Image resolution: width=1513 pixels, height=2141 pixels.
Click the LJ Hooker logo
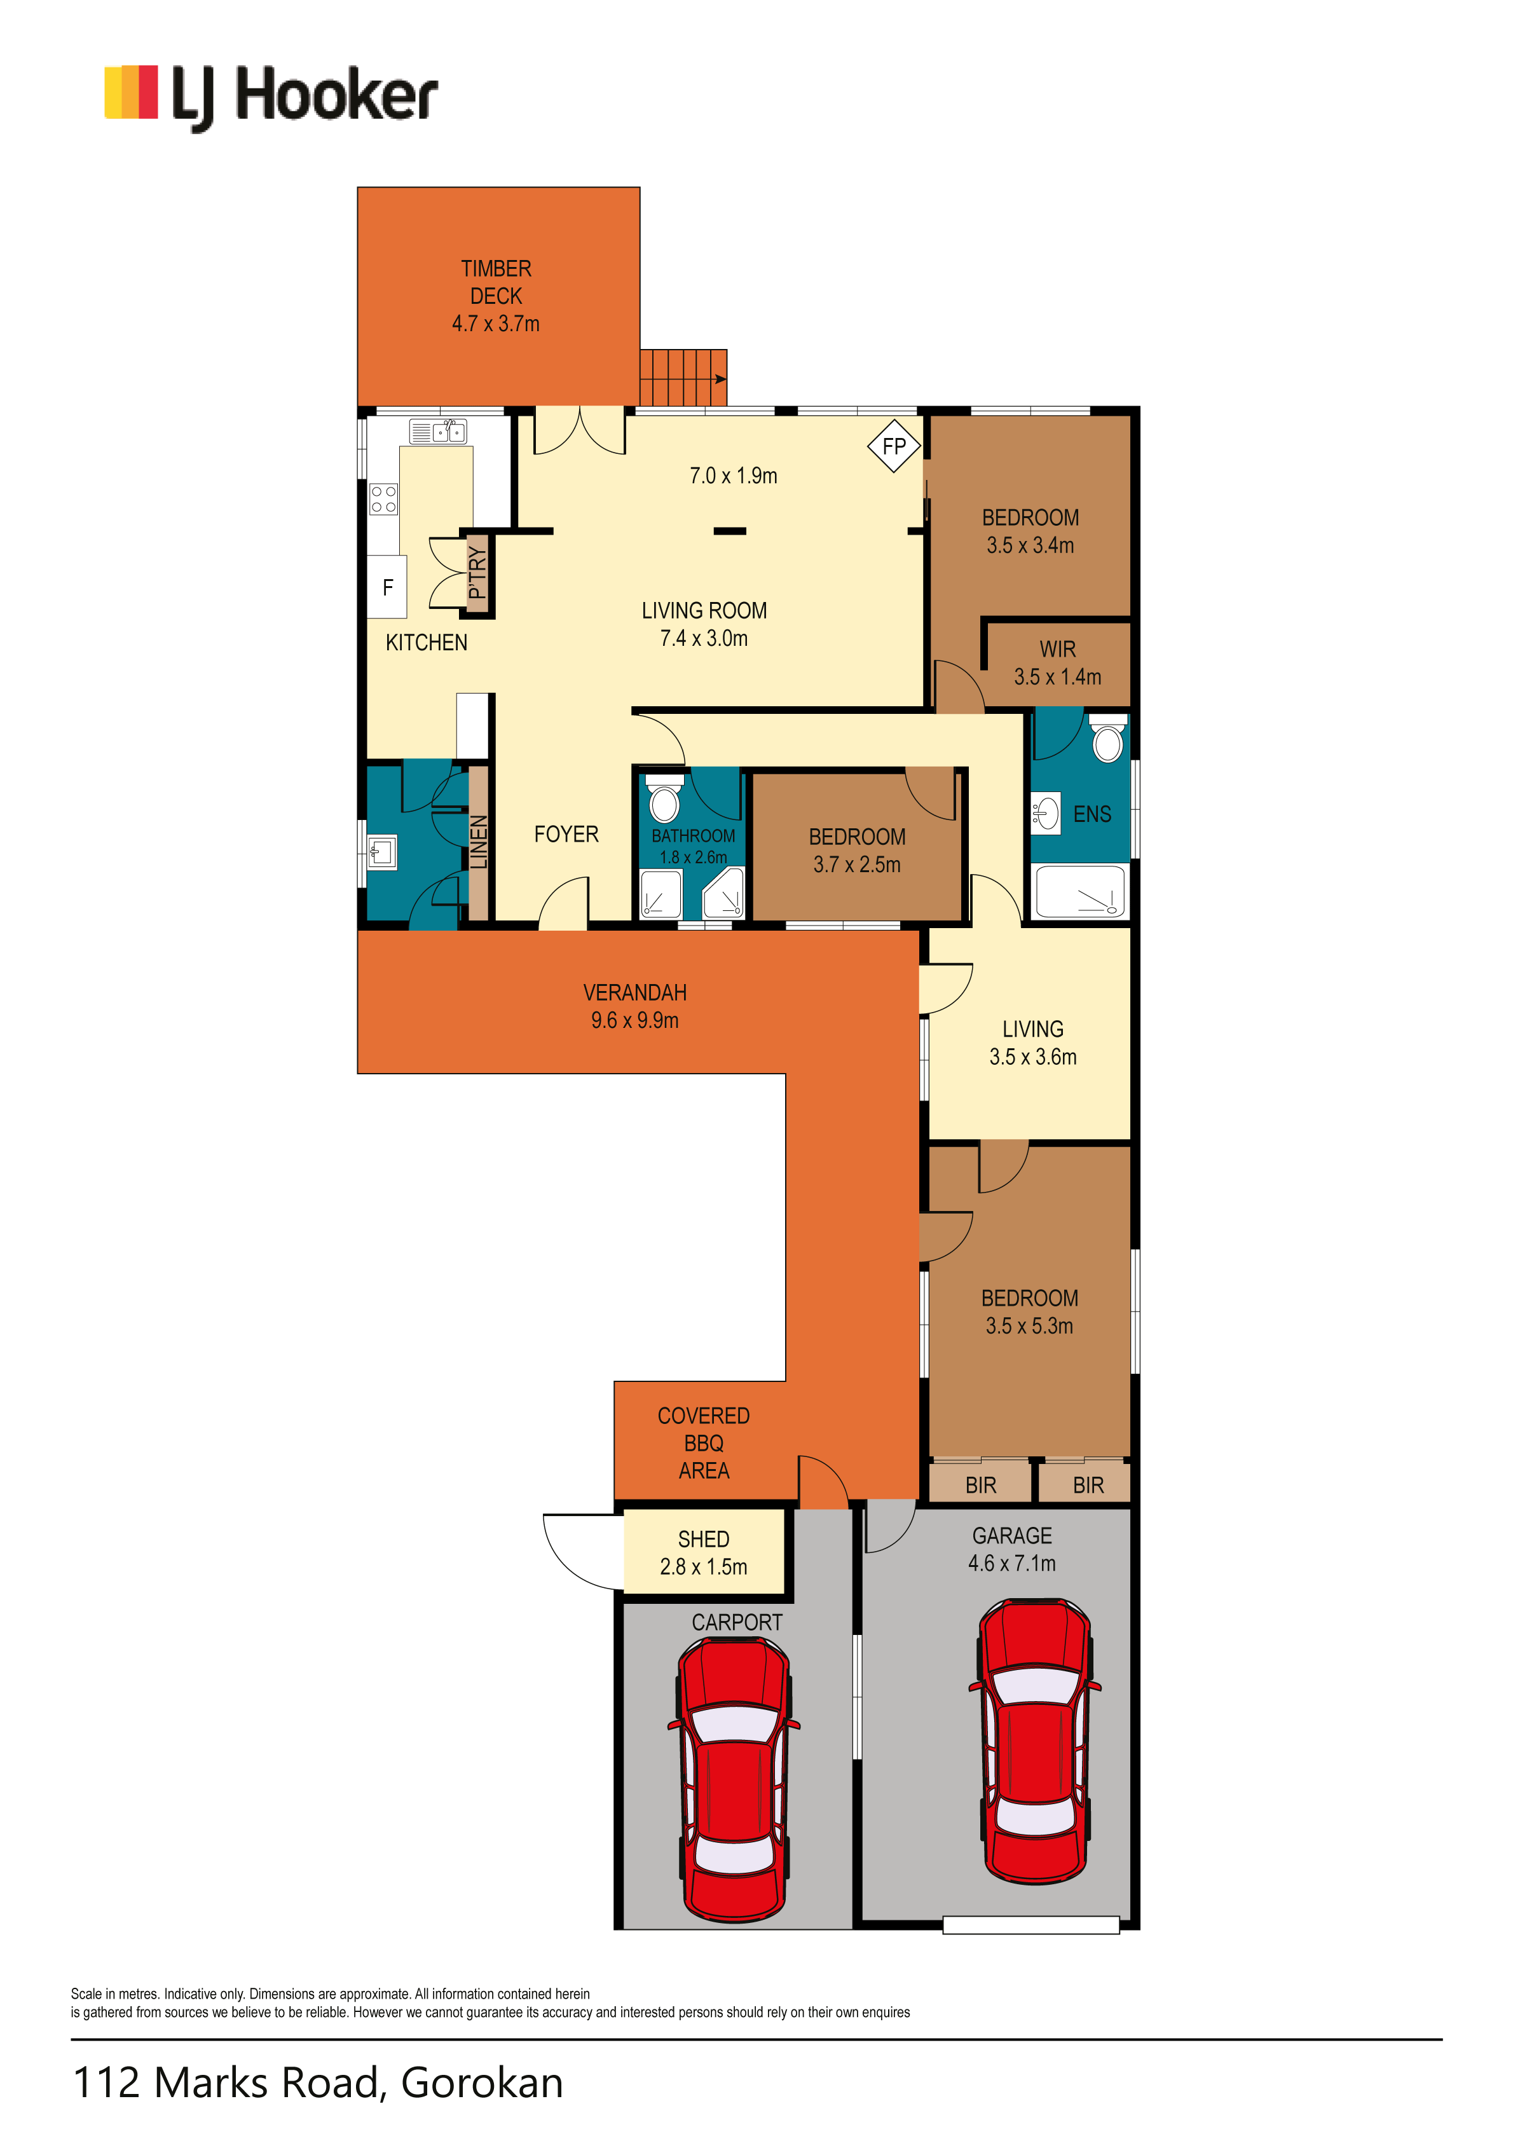click(271, 97)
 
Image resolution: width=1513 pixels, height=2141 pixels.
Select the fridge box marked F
click(387, 587)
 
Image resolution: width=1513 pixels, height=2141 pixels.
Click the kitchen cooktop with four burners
click(383, 499)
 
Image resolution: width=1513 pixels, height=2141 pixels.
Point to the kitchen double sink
click(437, 432)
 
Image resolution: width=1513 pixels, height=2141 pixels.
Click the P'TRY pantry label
click(477, 573)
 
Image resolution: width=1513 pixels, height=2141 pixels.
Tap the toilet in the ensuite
click(1107, 739)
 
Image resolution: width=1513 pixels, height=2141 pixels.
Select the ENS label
click(1092, 814)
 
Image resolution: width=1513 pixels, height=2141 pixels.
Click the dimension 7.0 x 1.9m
click(733, 475)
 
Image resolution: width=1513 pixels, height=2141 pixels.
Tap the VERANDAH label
click(634, 992)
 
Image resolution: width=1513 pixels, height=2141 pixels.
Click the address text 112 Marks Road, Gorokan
click(318, 2083)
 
